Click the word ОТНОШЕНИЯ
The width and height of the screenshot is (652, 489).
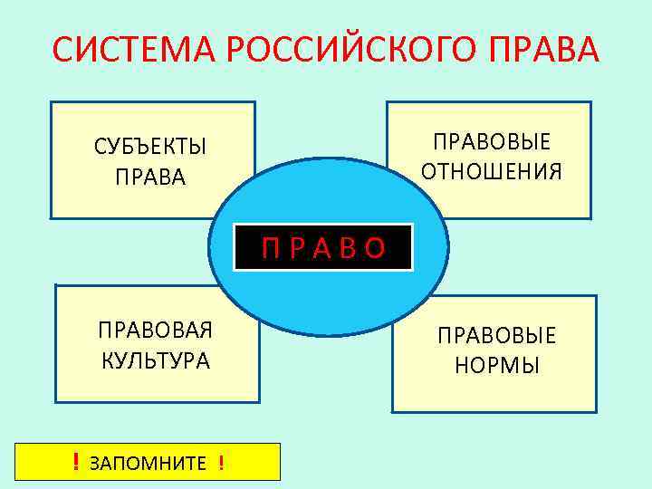click(x=492, y=171)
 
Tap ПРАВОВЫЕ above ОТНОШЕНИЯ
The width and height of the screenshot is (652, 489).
click(x=492, y=143)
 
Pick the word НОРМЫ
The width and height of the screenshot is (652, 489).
click(x=496, y=365)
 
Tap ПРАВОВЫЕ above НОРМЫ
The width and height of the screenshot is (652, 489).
click(x=497, y=336)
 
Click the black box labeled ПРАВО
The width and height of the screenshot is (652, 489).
click(x=323, y=247)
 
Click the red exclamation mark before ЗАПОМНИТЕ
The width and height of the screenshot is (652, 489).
click(x=76, y=464)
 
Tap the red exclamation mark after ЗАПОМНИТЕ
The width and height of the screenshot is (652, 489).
click(x=221, y=464)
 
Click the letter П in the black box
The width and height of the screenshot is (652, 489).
click(x=271, y=247)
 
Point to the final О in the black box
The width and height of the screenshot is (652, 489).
click(x=376, y=247)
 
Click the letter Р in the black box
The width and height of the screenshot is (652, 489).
click(x=296, y=247)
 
